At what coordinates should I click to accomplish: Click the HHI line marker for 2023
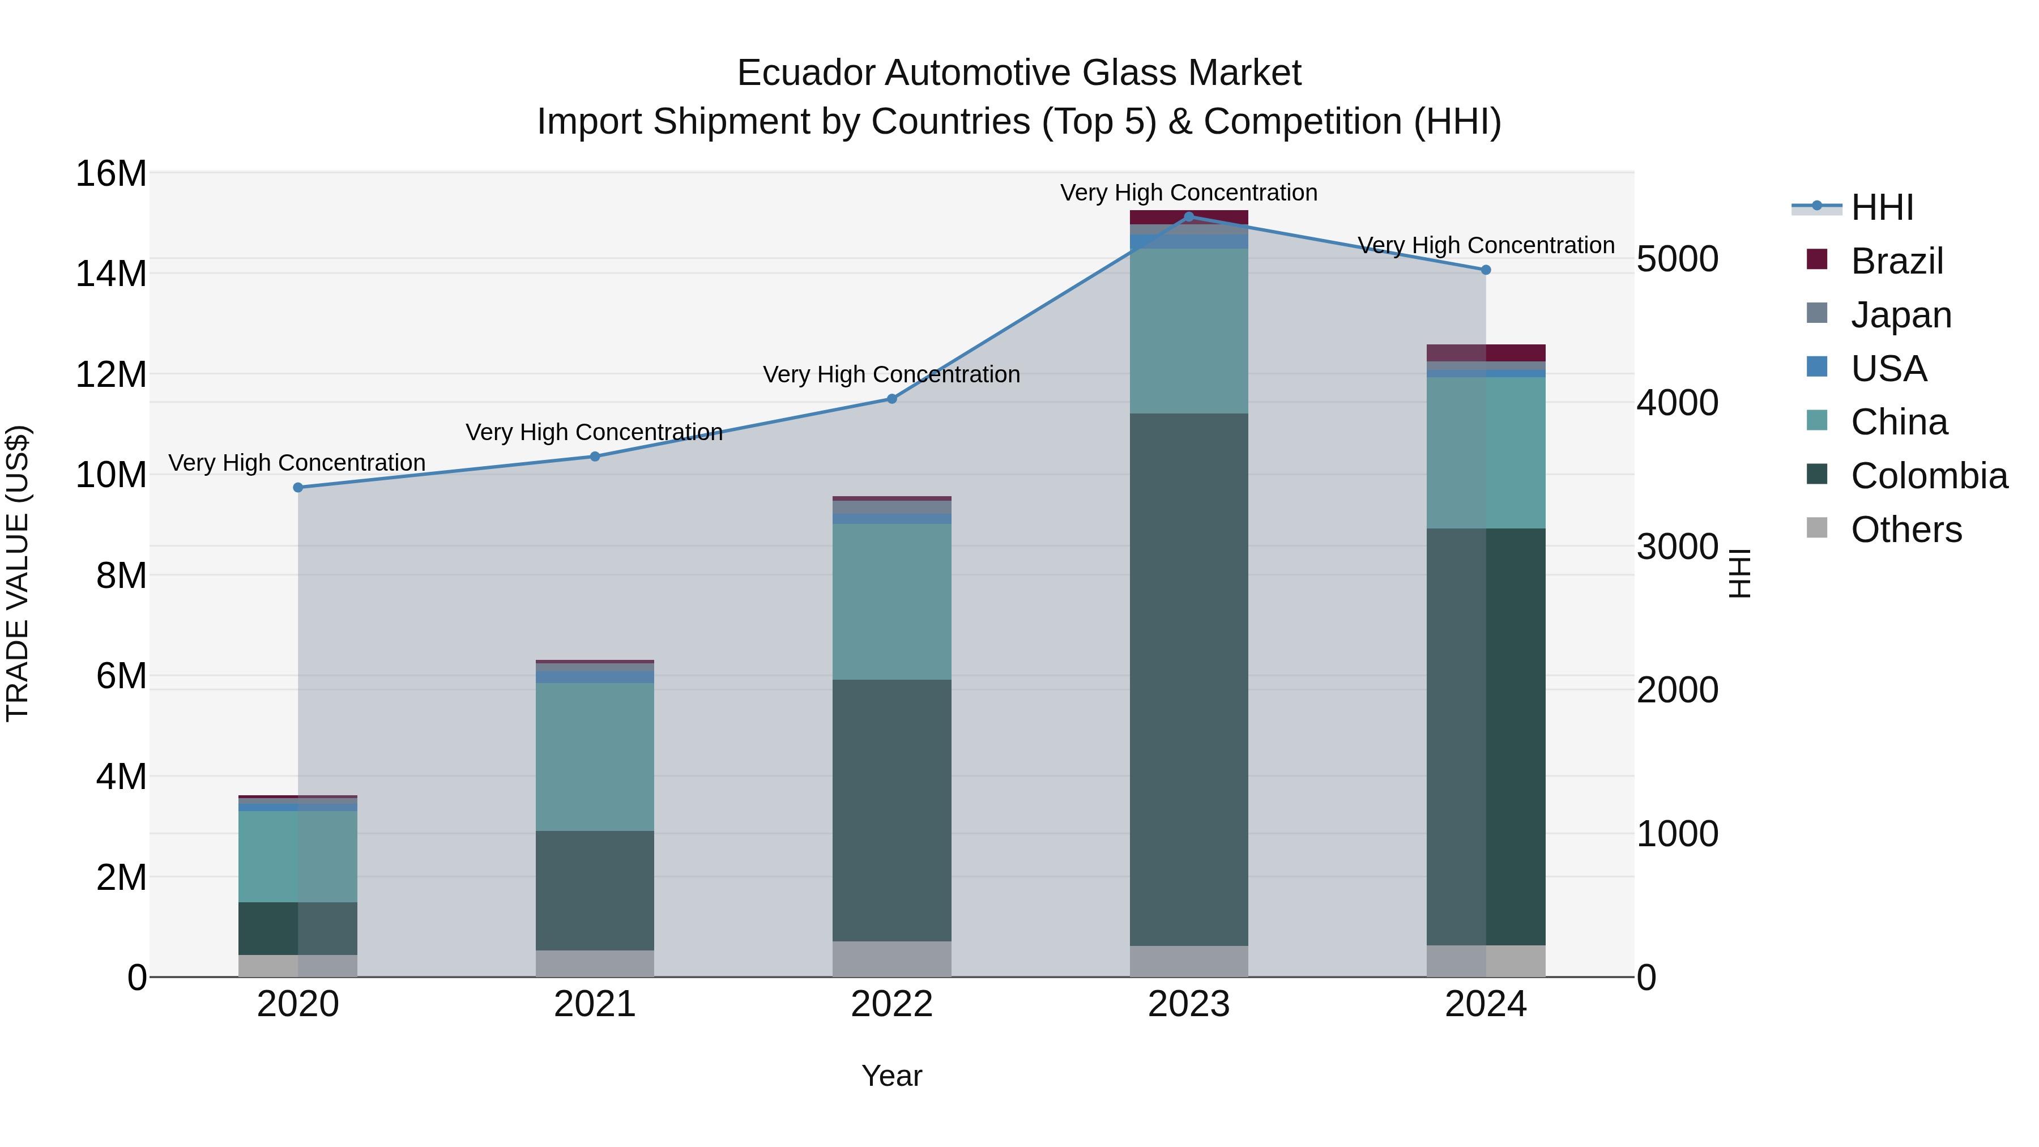(x=1188, y=216)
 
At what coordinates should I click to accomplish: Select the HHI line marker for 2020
(x=297, y=488)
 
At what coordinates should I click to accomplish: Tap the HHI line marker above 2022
(x=891, y=399)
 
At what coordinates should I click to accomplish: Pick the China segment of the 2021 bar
(x=595, y=756)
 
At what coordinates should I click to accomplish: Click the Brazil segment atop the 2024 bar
(x=1486, y=352)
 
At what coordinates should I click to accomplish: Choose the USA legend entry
(x=1888, y=368)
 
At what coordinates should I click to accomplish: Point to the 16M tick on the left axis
(x=111, y=173)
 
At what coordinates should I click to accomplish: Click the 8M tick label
(x=121, y=575)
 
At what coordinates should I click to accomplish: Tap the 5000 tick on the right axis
(x=1677, y=259)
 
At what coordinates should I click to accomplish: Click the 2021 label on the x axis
(x=595, y=1004)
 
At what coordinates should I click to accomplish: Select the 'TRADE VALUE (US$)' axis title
(x=18, y=573)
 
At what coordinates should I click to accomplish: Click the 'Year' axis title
(x=891, y=1076)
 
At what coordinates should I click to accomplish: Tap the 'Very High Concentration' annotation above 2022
(x=891, y=374)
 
